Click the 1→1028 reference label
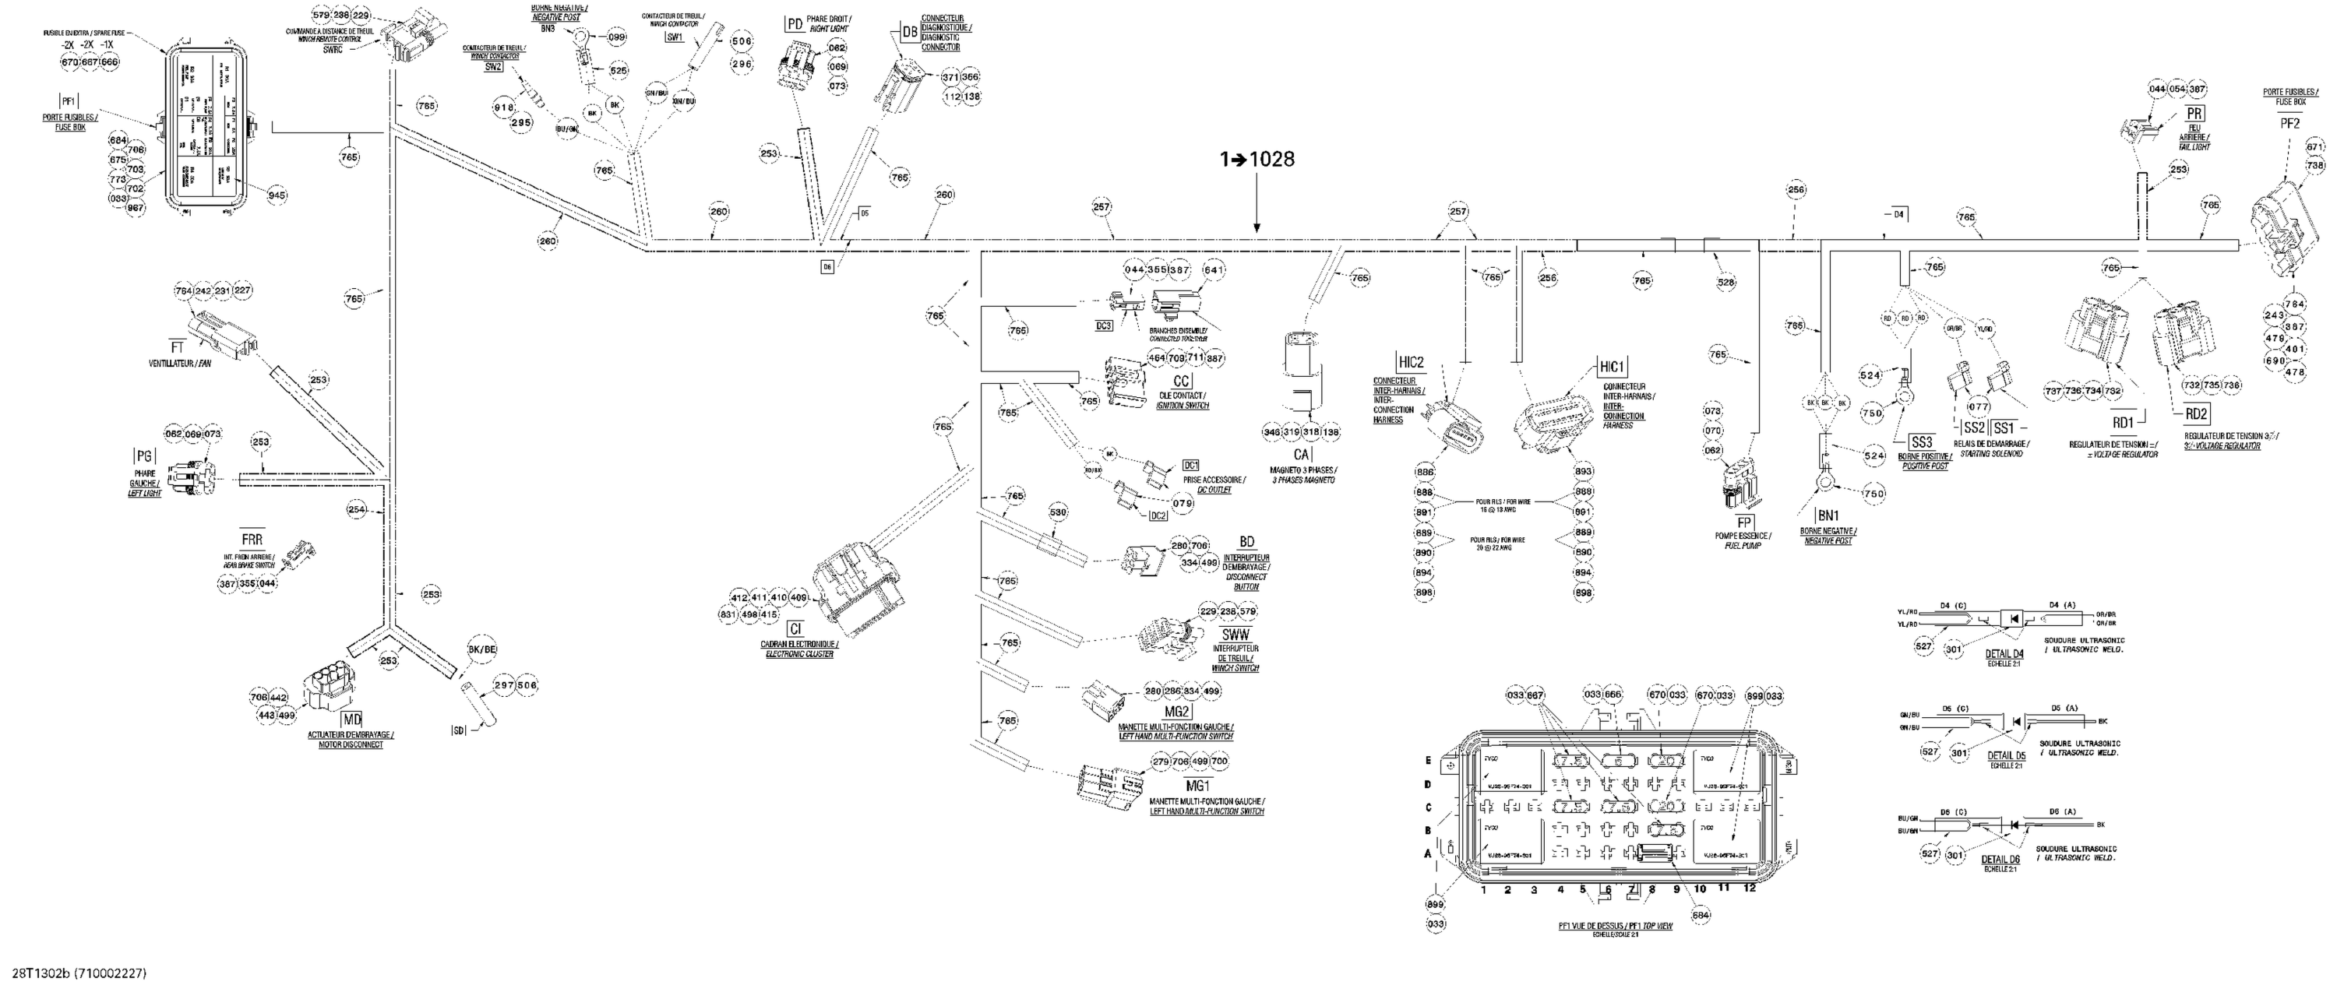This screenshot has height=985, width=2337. pyautogui.click(x=1257, y=160)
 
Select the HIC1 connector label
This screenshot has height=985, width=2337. pyautogui.click(x=1612, y=368)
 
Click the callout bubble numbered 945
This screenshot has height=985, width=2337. pyautogui.click(x=277, y=194)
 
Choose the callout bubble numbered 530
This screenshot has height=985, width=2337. pyautogui.click(x=1058, y=512)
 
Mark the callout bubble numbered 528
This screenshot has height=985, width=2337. pyautogui.click(x=1725, y=282)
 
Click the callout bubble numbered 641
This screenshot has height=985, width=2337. pyautogui.click(x=1214, y=270)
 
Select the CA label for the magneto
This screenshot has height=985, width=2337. pyautogui.click(x=1302, y=455)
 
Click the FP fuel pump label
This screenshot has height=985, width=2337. pyautogui.click(x=1743, y=522)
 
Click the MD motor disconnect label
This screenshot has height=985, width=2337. pyautogui.click(x=351, y=720)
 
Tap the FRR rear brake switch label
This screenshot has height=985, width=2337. pyautogui.click(x=252, y=540)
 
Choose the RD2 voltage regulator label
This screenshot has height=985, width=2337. pyautogui.click(x=2196, y=414)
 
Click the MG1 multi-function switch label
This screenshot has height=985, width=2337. pyautogui.click(x=1198, y=786)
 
